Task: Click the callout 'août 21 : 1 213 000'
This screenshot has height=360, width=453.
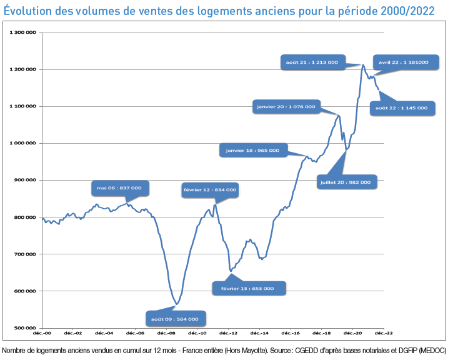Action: (x=312, y=62)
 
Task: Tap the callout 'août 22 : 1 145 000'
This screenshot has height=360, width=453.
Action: (x=401, y=107)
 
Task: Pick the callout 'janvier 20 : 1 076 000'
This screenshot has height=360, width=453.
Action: (x=286, y=107)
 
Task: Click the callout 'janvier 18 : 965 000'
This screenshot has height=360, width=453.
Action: (x=252, y=150)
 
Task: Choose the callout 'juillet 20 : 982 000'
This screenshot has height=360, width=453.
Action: (x=344, y=182)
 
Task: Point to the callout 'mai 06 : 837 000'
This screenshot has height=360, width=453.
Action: (x=119, y=187)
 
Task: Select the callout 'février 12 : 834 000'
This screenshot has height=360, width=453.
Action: (x=209, y=189)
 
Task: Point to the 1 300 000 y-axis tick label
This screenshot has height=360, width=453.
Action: (x=23, y=32)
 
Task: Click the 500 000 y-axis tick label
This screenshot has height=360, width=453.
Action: (x=26, y=327)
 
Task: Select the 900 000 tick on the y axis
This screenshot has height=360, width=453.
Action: (x=26, y=180)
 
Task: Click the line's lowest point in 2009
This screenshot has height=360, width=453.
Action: (x=177, y=304)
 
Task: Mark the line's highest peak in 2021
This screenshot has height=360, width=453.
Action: (x=363, y=64)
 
